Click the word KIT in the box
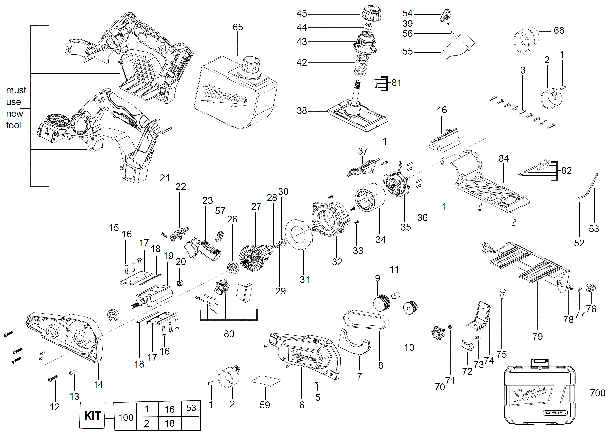pos(92,416)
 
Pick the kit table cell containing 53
pos(191,408)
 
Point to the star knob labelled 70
pos(438,333)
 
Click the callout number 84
pos(504,158)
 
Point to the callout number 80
pos(229,334)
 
